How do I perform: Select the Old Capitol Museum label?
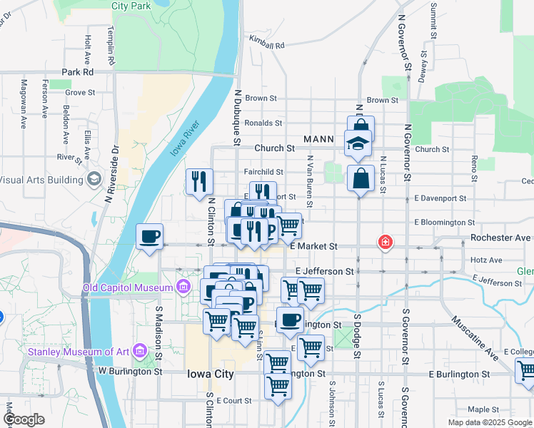coord(129,287)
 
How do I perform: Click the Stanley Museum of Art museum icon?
coord(138,351)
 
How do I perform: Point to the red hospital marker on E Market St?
coord(386,243)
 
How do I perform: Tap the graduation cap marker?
coord(358,143)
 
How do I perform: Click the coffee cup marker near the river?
coord(149,237)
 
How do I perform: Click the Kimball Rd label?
coord(267,44)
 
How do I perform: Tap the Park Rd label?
coord(78,72)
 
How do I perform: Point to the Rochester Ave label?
coord(500,238)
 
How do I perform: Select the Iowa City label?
coord(210,374)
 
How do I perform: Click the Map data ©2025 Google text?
coord(489,422)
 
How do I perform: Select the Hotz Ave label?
coord(487,260)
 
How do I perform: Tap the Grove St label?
coord(80,93)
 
